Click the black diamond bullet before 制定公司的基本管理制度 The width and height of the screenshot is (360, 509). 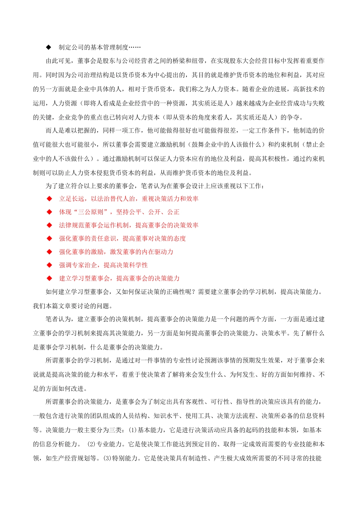click(49, 47)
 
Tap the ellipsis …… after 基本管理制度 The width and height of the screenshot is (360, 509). click(135, 47)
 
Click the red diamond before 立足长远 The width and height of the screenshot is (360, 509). click(49, 199)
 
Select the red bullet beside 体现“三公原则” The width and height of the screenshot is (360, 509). click(49, 212)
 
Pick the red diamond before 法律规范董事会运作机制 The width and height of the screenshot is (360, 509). click(49, 225)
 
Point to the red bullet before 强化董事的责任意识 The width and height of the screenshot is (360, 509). click(49, 239)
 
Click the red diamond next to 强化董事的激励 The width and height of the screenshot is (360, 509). click(49, 252)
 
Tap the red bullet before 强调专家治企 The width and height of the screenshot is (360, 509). click(49, 265)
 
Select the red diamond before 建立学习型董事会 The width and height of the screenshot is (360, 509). click(49, 278)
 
